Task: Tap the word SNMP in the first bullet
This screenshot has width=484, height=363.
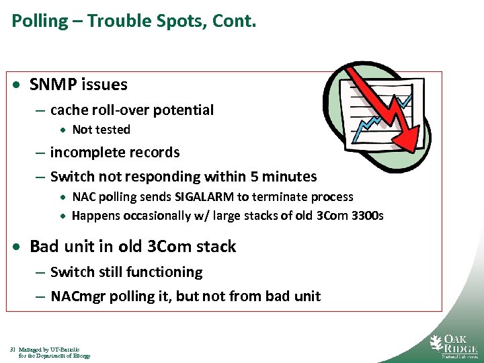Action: [54, 85]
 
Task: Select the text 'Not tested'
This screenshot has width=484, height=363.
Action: [101, 130]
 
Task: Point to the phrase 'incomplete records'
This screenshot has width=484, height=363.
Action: [115, 153]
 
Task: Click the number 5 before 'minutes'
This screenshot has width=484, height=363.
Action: [259, 177]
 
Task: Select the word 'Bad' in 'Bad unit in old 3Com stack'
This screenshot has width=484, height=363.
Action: [45, 247]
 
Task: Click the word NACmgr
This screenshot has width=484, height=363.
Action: [76, 296]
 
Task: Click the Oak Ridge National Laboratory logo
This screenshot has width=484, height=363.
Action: [453, 345]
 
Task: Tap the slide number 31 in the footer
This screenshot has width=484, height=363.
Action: [13, 350]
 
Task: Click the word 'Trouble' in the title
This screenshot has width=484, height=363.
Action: [116, 21]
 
